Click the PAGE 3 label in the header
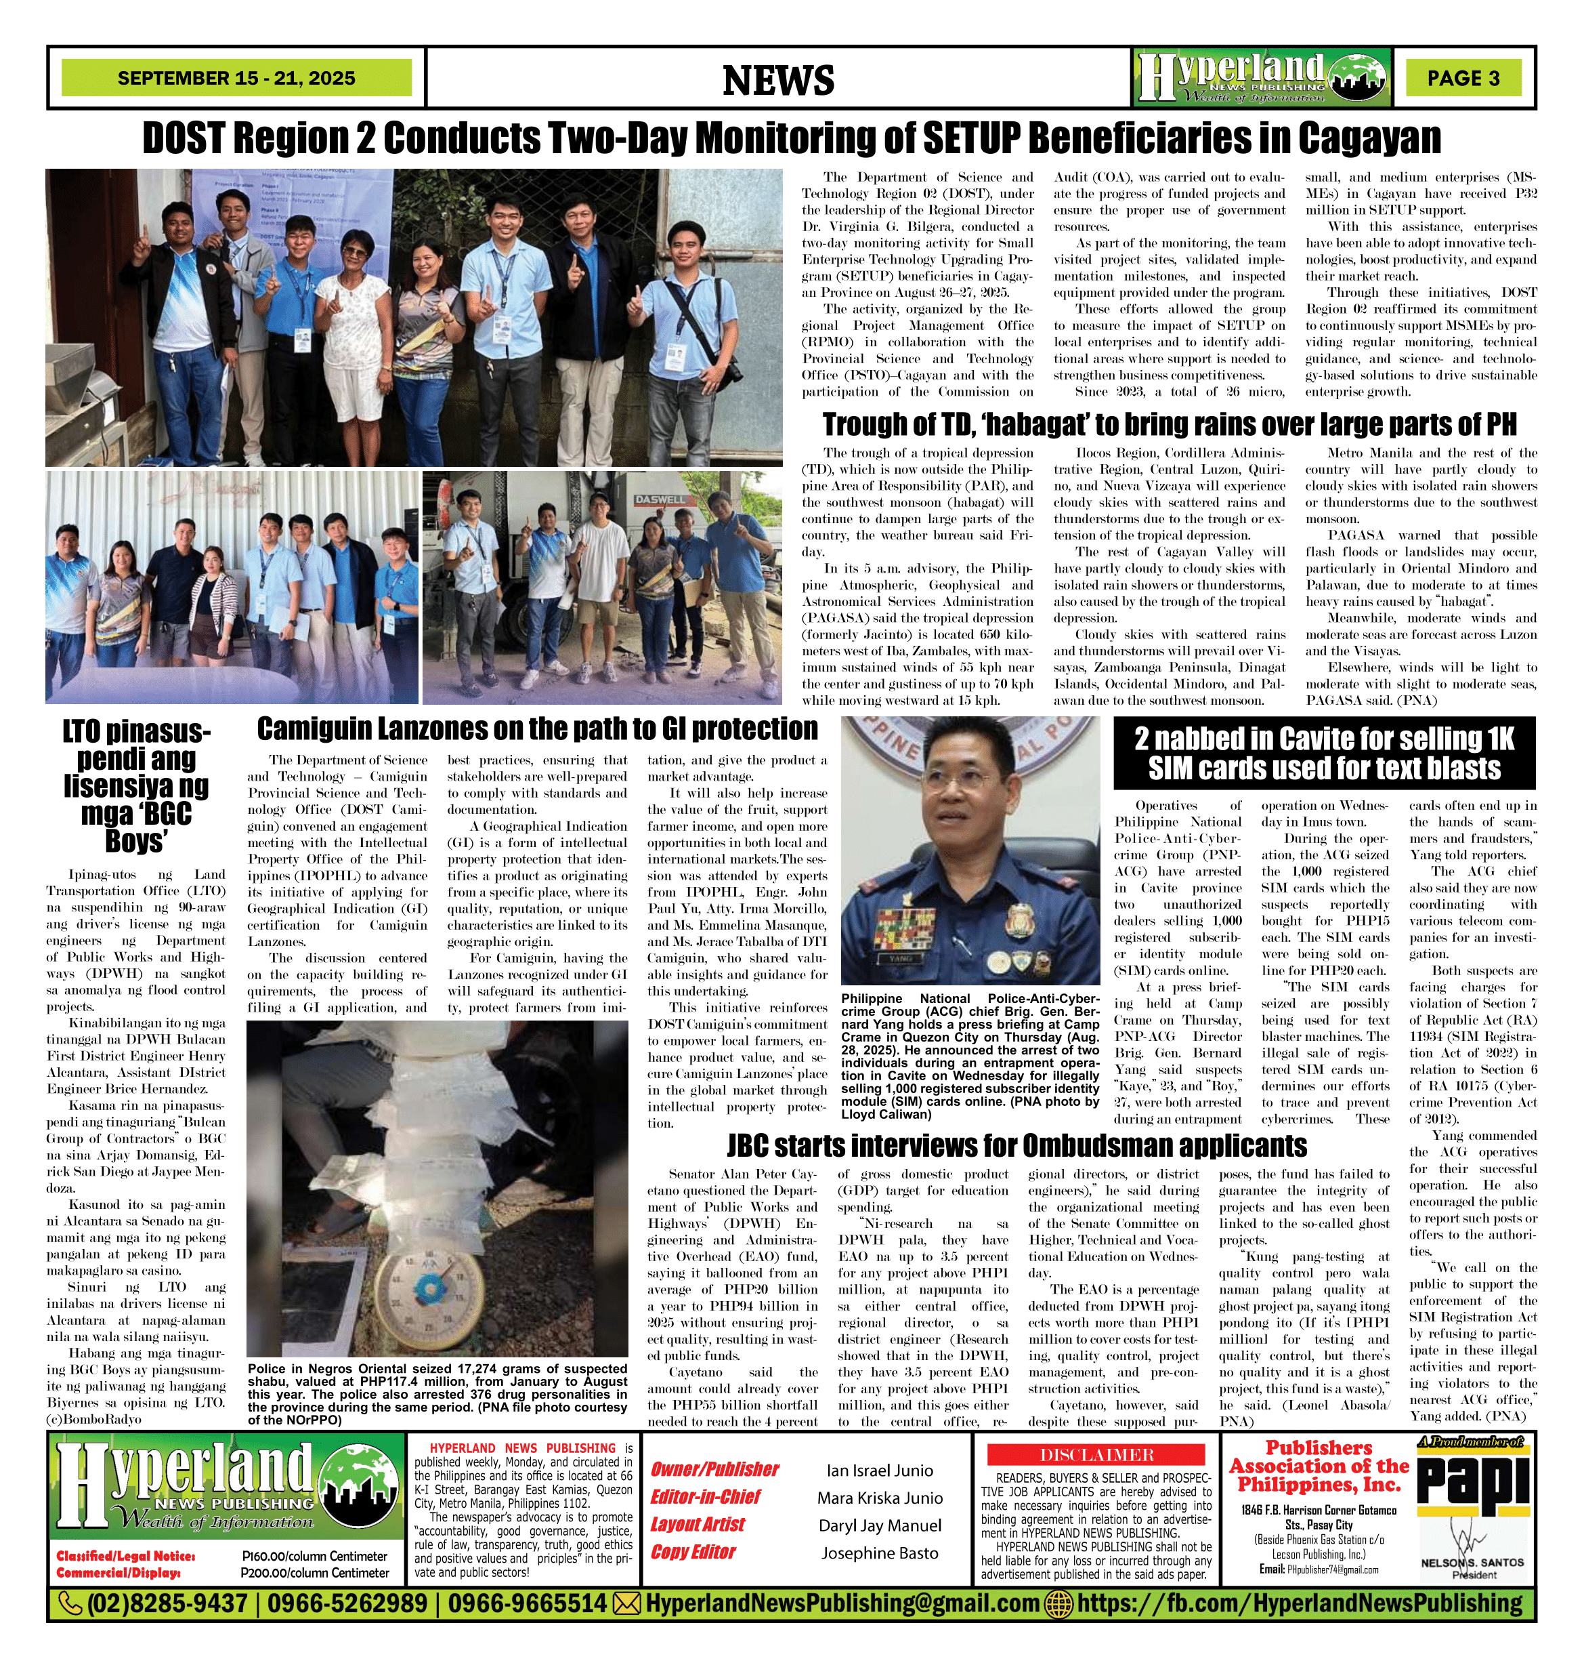pos(1463,78)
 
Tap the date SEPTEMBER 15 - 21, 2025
pos(236,79)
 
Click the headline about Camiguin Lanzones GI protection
pos(537,729)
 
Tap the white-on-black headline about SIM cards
pos(1324,754)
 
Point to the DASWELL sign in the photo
pos(661,499)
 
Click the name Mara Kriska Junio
pos(880,1498)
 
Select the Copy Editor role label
pos(693,1552)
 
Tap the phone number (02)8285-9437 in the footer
pos(167,1603)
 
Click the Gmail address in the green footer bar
pos(842,1603)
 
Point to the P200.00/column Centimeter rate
pos(315,1573)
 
